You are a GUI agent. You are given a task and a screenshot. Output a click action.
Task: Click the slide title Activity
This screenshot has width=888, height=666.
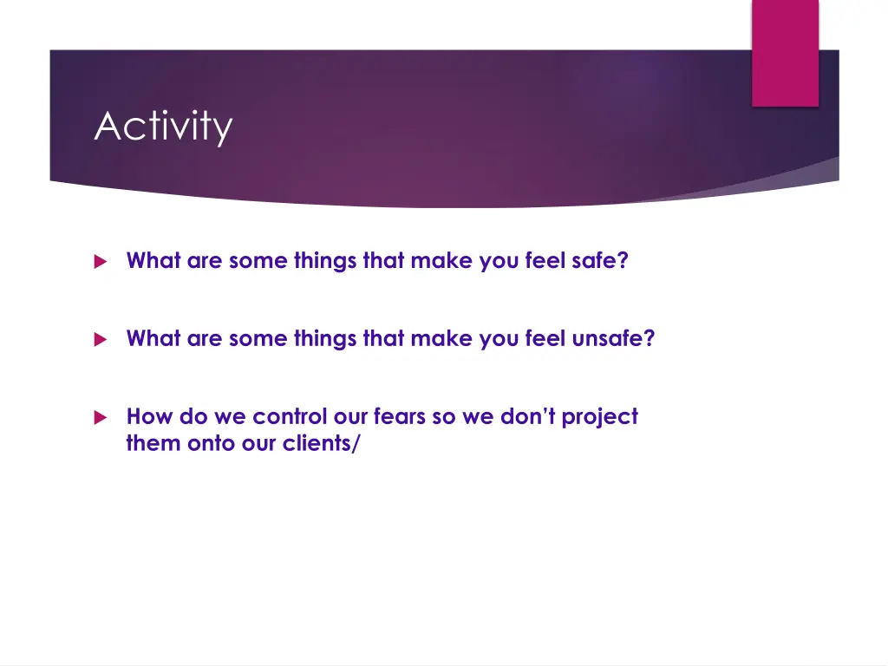163,127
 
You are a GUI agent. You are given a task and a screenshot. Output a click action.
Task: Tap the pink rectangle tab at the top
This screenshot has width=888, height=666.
785,53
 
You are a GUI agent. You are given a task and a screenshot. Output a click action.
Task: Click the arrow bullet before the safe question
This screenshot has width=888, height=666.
101,261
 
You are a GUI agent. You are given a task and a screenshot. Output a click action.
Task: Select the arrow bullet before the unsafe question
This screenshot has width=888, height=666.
101,339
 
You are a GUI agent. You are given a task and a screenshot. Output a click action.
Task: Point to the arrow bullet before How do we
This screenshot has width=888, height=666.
101,417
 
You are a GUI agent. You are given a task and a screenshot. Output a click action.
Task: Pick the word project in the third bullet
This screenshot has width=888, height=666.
600,418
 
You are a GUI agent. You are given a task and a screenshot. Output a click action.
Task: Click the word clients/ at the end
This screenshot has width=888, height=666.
321,443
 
